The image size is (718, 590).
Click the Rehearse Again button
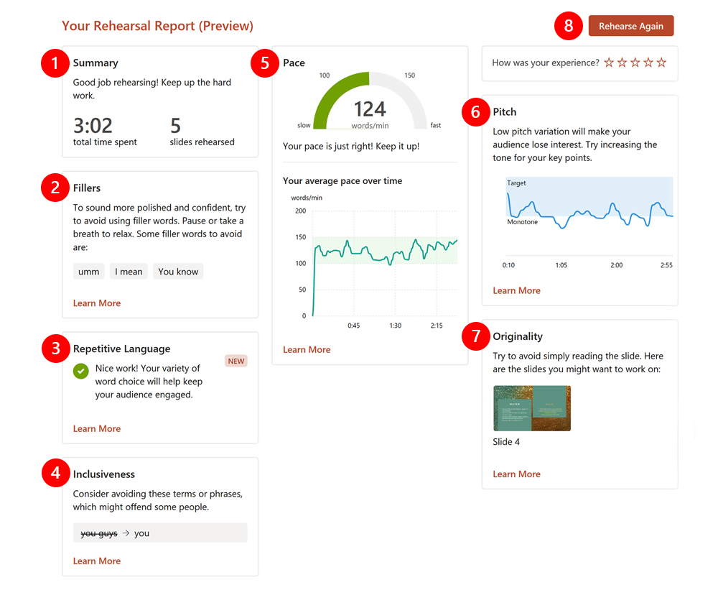(630, 26)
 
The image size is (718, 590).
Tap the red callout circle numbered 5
(265, 63)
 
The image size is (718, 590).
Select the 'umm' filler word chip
(89, 272)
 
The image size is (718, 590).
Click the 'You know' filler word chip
(178, 272)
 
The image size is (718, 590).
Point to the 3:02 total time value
(93, 126)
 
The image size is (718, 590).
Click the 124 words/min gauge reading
(370, 109)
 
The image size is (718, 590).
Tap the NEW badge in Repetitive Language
(236, 361)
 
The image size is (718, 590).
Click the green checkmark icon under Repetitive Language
(81, 372)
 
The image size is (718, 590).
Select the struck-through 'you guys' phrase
(98, 533)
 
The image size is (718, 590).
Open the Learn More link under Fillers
(97, 303)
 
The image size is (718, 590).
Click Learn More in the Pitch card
(516, 290)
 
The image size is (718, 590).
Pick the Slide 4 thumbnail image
(531, 408)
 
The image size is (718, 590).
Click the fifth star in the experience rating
(661, 63)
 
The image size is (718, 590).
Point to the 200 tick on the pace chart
(300, 211)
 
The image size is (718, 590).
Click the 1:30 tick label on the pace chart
(395, 326)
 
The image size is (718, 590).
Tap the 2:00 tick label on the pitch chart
(616, 265)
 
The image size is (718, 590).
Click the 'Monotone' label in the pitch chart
(522, 222)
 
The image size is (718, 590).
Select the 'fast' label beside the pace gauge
(436, 125)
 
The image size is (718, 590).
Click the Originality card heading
(518, 336)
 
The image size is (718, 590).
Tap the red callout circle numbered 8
(569, 26)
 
